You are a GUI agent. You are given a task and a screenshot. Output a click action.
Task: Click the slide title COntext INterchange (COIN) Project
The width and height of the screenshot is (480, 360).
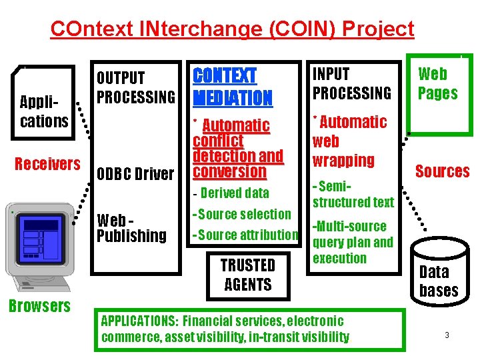click(232, 29)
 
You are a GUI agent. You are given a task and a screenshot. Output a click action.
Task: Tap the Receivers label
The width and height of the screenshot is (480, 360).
click(47, 164)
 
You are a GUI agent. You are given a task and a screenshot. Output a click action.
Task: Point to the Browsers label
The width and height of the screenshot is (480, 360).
click(39, 306)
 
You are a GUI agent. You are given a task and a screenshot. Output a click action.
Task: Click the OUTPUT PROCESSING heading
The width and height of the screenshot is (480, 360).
click(136, 88)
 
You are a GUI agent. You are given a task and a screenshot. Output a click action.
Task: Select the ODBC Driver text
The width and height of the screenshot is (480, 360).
click(135, 174)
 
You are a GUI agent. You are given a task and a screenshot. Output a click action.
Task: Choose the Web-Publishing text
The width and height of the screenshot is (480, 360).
click(131, 227)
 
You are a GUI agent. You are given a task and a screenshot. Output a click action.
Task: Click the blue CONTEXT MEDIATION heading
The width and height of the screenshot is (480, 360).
click(233, 87)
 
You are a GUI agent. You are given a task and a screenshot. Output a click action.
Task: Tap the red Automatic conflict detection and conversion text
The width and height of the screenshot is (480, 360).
click(237, 148)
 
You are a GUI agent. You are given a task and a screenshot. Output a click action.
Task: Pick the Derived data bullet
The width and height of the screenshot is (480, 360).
click(231, 193)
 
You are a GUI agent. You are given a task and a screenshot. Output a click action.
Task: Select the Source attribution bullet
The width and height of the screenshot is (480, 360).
click(245, 235)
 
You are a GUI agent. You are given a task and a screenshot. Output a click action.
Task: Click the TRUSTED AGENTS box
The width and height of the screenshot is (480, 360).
click(247, 275)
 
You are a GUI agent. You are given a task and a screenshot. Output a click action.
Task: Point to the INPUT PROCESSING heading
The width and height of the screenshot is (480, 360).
click(352, 83)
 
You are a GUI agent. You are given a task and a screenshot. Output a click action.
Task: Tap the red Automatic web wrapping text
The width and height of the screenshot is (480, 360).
click(349, 141)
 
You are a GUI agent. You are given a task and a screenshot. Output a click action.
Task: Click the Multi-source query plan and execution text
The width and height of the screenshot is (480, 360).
click(353, 242)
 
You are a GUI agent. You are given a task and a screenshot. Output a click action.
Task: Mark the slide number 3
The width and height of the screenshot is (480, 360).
click(447, 335)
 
